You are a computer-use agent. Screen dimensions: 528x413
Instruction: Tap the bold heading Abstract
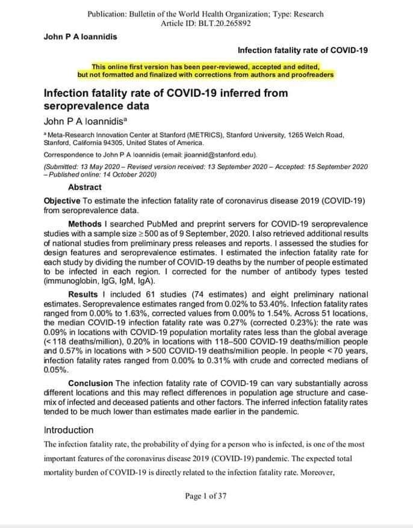pos(85,187)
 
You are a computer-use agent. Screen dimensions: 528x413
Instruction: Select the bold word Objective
pos(63,200)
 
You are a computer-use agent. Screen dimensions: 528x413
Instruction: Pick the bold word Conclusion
pos(90,383)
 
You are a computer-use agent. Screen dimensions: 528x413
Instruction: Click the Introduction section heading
pos(69,430)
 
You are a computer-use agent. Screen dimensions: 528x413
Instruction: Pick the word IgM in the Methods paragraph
pos(117,280)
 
